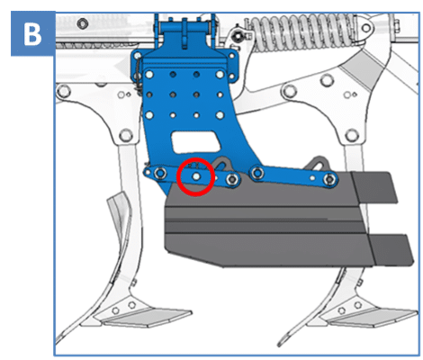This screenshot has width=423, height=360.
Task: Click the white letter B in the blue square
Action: click(32, 34)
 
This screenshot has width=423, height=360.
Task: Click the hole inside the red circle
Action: click(196, 176)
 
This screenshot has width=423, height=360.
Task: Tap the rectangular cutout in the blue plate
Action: click(195, 141)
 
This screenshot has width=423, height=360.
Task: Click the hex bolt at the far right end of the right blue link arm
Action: click(330, 179)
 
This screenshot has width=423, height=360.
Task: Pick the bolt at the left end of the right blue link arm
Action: click(257, 173)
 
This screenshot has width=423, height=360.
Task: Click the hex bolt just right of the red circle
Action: click(232, 179)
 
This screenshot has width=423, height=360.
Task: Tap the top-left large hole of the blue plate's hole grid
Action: click(149, 74)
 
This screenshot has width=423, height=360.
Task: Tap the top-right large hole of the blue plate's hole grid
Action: click(220, 74)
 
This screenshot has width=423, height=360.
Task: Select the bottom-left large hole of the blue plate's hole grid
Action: click(149, 115)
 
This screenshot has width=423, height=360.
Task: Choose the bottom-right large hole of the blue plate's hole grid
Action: click(220, 115)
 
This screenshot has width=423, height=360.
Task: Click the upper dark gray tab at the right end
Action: click(374, 186)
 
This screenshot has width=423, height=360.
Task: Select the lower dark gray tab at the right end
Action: click(391, 250)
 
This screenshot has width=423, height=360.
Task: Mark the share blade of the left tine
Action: click(147, 319)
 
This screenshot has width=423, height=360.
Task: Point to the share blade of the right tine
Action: click(372, 319)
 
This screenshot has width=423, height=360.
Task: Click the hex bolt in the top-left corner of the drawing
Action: click(82, 23)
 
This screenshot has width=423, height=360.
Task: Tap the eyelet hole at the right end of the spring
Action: click(366, 29)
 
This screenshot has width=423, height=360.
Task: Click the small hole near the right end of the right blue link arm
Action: click(312, 178)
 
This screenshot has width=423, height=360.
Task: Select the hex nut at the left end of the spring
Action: click(238, 36)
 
